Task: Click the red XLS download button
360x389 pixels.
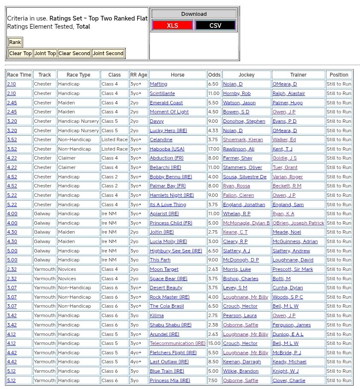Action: tap(172, 25)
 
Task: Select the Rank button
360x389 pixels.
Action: tap(15, 42)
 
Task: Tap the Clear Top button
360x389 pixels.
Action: tap(21, 53)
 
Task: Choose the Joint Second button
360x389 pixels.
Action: tap(108, 53)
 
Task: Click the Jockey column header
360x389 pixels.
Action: tap(246, 75)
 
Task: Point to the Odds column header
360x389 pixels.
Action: tap(214, 75)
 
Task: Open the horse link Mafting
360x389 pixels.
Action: tap(159, 84)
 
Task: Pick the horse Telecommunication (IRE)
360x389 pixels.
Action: tap(177, 343)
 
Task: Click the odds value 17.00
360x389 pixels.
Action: tap(214, 149)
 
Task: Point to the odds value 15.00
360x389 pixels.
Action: tap(214, 343)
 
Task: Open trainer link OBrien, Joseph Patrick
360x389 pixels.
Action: tap(298, 223)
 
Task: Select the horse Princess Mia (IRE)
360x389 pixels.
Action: tap(170, 380)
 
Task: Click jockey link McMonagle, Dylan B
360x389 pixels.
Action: tap(246, 223)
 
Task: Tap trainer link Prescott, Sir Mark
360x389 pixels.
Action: tap(292, 269)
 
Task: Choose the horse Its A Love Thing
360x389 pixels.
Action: tap(168, 205)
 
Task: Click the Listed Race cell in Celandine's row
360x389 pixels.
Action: tap(114, 140)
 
